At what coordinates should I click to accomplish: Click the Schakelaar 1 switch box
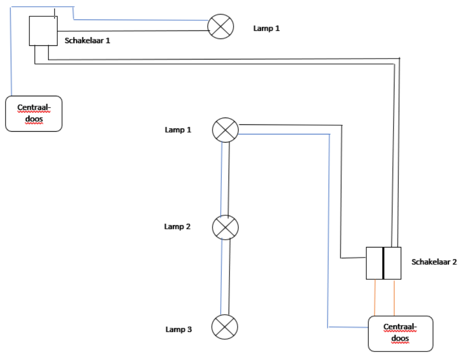43,31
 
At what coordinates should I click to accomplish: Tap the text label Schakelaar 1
88,40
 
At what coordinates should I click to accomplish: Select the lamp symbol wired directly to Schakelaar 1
221,26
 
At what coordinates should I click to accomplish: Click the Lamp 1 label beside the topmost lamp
266,28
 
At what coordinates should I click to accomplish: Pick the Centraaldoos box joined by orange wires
400,334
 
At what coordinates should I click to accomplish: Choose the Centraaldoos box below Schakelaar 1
34,113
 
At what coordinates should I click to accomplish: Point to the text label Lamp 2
177,226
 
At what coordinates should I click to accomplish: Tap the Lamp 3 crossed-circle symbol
225,326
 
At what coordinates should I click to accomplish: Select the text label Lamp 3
178,329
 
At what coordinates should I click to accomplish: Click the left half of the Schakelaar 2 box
374,263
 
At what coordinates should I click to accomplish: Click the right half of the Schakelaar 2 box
393,263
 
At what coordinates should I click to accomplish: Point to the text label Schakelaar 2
434,262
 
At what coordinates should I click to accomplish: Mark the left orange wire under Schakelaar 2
375,298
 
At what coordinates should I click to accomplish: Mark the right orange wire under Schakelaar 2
394,298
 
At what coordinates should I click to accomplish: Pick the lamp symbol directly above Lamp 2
225,130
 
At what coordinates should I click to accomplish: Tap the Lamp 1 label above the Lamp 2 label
177,130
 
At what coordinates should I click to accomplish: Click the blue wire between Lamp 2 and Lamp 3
221,277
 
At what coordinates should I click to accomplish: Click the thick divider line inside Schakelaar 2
383,263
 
